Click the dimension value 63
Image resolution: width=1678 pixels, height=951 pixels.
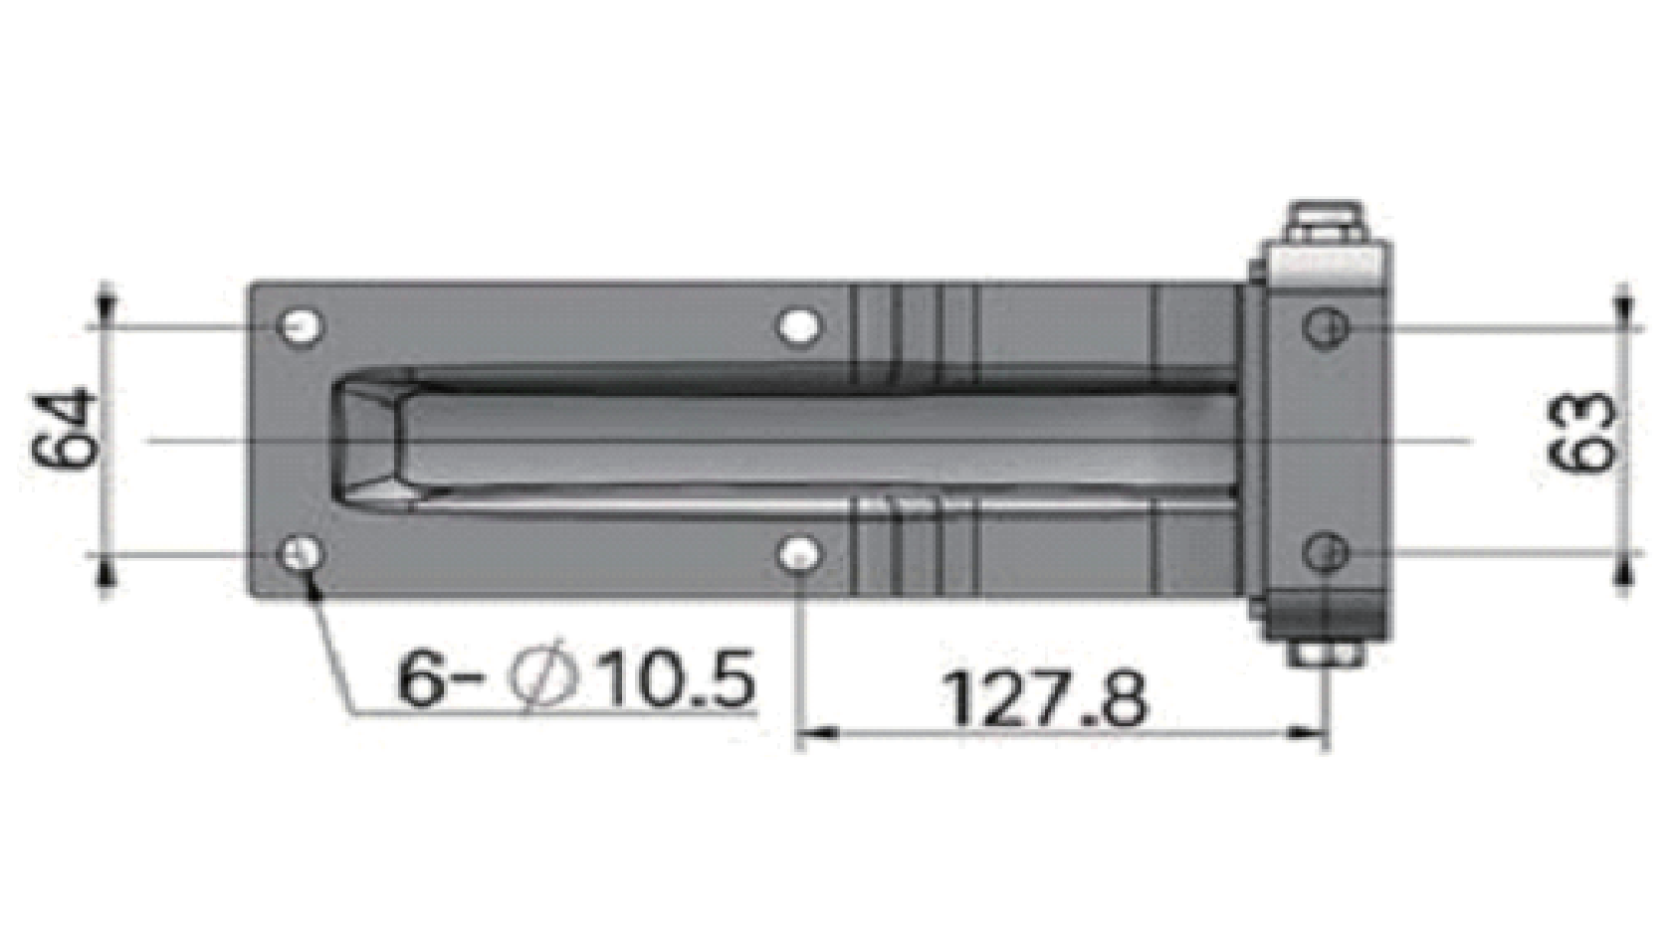pos(1581,432)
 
